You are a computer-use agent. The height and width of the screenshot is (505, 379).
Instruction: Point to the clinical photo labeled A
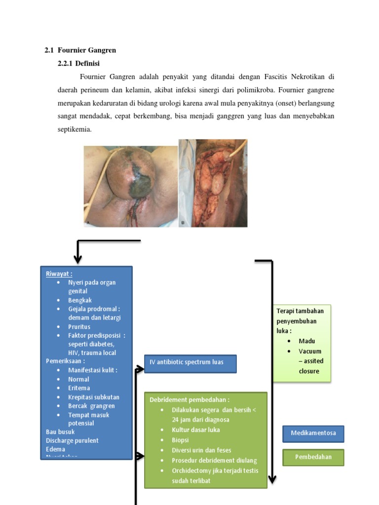pyautogui.click(x=130, y=186)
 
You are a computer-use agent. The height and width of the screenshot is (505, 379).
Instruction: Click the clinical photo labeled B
pyautogui.click(x=213, y=183)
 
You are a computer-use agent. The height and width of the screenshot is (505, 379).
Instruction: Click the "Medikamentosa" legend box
pyautogui.click(x=313, y=433)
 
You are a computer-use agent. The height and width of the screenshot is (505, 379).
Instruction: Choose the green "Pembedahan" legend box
pyautogui.click(x=313, y=457)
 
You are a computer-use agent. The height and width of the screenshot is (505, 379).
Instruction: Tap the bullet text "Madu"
pyautogui.click(x=306, y=341)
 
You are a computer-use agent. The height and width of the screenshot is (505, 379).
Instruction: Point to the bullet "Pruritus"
pyautogui.click(x=79, y=326)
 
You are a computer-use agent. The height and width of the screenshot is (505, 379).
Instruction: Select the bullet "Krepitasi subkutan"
pyautogui.click(x=93, y=397)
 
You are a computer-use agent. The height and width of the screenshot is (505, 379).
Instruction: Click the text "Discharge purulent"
pyautogui.click(x=72, y=440)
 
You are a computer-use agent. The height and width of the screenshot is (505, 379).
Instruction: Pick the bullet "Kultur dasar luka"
pyautogui.click(x=196, y=430)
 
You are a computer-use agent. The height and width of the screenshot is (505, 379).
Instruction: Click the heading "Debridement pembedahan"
pyautogui.click(x=189, y=399)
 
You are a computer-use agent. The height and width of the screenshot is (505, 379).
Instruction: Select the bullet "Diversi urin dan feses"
pyautogui.click(x=201, y=450)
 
